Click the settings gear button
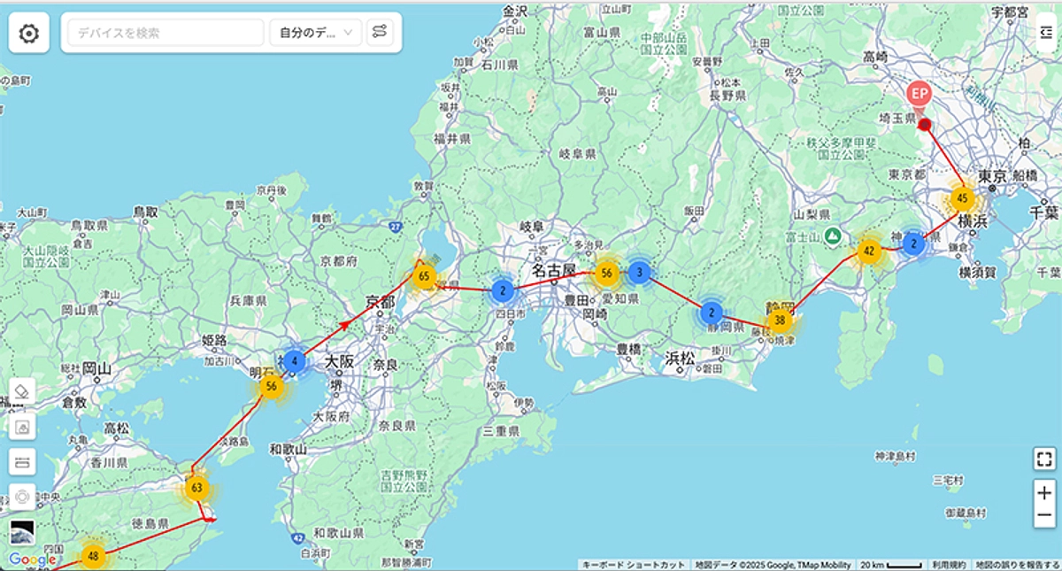pyautogui.click(x=29, y=34)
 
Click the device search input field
pyautogui.click(x=165, y=33)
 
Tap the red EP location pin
pyautogui.click(x=920, y=93)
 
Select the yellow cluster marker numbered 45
pyautogui.click(x=962, y=198)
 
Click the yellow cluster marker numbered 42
pyautogui.click(x=869, y=251)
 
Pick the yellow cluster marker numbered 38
pyautogui.click(x=780, y=320)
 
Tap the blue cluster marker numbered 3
pyautogui.click(x=641, y=273)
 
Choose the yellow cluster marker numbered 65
pyautogui.click(x=424, y=276)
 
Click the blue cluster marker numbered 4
pyautogui.click(x=294, y=361)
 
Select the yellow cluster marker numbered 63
pyautogui.click(x=196, y=488)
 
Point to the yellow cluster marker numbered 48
pyautogui.click(x=94, y=556)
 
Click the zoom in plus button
pyautogui.click(x=1044, y=493)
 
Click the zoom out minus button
pyautogui.click(x=1044, y=515)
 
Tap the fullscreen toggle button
pyautogui.click(x=1044, y=459)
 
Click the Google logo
pyautogui.click(x=33, y=559)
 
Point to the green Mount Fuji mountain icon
pyautogui.click(x=832, y=235)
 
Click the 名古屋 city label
pyautogui.click(x=554, y=269)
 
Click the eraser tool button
pyautogui.click(x=23, y=390)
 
